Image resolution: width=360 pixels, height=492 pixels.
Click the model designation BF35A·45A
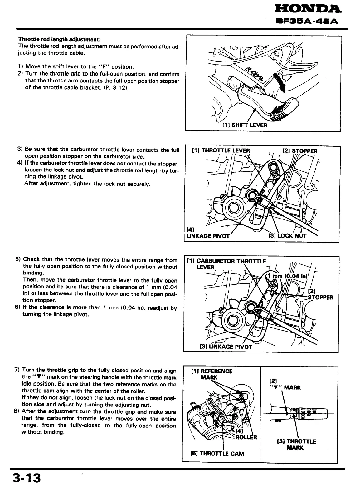(308, 22)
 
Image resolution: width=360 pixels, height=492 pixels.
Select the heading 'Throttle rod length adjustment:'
(59, 40)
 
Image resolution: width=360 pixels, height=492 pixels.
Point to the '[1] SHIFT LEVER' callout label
(245, 125)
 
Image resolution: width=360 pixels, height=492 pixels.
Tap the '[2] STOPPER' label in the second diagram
(299, 151)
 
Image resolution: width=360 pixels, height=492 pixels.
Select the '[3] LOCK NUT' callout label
(287, 236)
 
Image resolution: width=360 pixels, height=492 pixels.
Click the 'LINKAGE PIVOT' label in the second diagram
(208, 236)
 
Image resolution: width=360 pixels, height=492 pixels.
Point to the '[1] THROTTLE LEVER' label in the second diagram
(221, 150)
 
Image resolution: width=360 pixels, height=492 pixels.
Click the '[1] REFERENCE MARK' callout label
(212, 374)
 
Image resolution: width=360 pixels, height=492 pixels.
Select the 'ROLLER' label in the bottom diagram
(246, 437)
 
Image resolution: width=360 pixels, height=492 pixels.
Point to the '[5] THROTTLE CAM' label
(217, 453)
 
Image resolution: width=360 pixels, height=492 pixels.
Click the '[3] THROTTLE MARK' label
(296, 445)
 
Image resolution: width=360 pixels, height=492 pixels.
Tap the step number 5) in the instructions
(18, 259)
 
